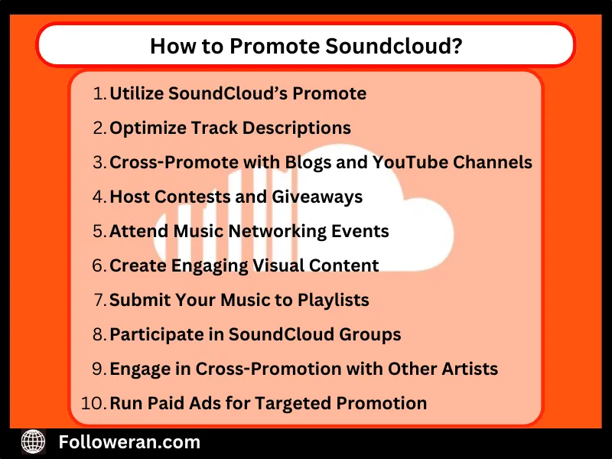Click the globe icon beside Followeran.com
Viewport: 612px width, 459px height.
(x=33, y=441)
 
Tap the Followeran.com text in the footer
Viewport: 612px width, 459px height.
(x=129, y=442)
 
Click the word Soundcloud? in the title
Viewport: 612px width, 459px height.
(x=393, y=47)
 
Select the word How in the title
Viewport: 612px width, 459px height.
(x=168, y=47)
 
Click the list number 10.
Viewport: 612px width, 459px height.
(x=93, y=403)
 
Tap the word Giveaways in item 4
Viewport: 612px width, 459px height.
(x=317, y=197)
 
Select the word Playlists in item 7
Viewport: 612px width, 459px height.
(x=332, y=300)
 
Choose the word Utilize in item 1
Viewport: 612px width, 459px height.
(x=136, y=94)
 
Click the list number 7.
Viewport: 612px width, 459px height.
(x=99, y=300)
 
